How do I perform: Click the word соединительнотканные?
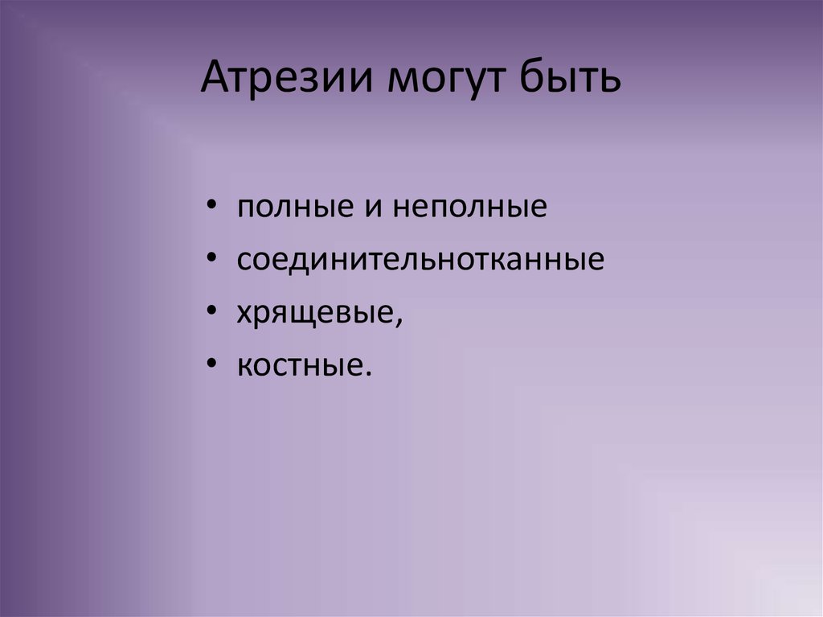tap(420, 261)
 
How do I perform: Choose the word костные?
tap(301, 367)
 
